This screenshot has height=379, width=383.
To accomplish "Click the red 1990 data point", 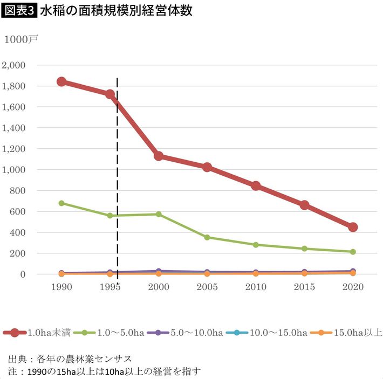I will pos(61,81).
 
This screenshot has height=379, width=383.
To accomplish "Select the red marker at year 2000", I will pos(159,156).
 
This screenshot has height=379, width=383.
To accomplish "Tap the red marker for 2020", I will pos(353,227).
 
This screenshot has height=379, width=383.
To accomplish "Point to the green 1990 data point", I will pos(61,203).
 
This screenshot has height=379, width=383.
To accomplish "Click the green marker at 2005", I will pos(207,237).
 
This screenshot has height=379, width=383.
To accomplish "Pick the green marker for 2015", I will pos(304,249).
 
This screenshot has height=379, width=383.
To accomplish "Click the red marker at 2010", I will pos(256,186).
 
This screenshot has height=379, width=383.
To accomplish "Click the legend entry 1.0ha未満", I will pos(40,333).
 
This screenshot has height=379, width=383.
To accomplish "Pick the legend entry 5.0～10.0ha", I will pos(192,333).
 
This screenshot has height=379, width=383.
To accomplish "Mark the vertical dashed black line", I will pos(117,178).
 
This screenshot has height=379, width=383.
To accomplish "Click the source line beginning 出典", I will pos(70,359).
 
